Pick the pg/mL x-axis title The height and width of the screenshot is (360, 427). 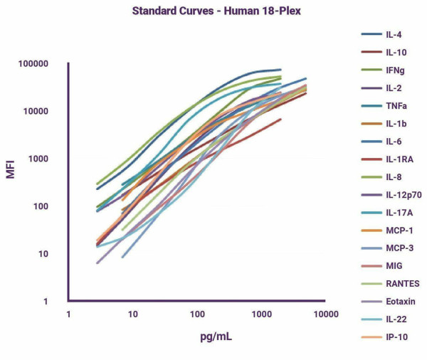coord(197,337)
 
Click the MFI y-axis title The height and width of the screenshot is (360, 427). coord(11,171)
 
